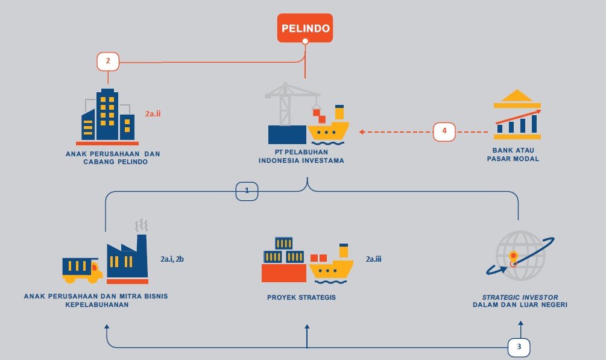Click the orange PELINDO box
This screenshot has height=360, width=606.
tap(305, 28)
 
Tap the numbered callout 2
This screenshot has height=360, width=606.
tap(108, 61)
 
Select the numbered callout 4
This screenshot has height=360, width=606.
tap(444, 131)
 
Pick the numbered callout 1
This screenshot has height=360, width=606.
tap(247, 191)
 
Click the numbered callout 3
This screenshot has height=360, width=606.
tap(519, 347)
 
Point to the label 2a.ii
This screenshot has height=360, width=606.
tap(153, 113)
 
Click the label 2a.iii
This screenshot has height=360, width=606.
tap(374, 259)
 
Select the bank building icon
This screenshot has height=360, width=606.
tap(517, 115)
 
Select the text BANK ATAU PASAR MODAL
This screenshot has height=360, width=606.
tap(516, 154)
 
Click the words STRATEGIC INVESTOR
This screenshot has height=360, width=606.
tap(520, 297)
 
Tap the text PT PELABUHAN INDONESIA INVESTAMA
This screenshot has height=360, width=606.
tap(301, 156)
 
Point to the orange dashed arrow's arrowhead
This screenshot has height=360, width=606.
tap(361, 131)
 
